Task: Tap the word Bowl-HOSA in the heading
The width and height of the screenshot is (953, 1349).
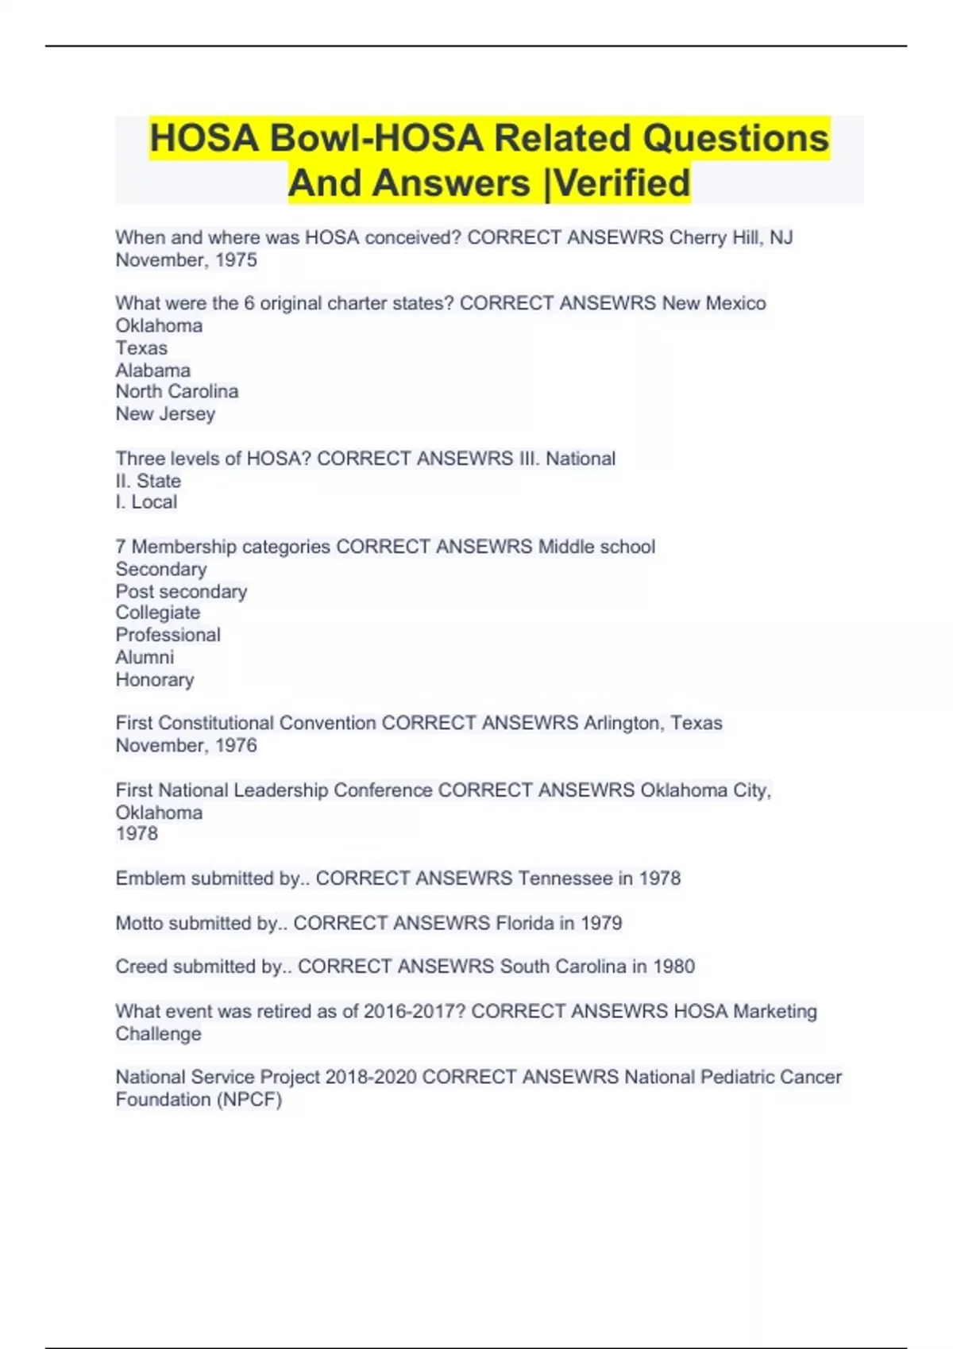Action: [x=376, y=138]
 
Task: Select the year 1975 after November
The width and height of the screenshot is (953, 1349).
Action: [x=236, y=260]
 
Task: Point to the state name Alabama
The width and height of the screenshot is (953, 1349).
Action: [x=153, y=370]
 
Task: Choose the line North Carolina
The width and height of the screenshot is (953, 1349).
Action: [x=177, y=391]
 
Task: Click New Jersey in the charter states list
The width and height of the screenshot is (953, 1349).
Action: [x=165, y=413]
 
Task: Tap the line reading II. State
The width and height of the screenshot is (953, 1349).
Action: [x=149, y=481]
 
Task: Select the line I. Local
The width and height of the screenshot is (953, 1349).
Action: [x=147, y=502]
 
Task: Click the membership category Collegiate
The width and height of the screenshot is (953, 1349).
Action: [x=158, y=613]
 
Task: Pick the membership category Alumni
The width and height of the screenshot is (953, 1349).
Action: [x=145, y=657]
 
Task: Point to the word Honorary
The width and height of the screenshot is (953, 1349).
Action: [x=155, y=679]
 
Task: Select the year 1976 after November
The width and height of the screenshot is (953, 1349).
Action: [x=236, y=745]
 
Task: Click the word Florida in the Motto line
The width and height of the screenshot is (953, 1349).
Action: [x=525, y=923]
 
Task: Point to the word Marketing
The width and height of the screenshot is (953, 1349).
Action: [x=775, y=1011]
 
